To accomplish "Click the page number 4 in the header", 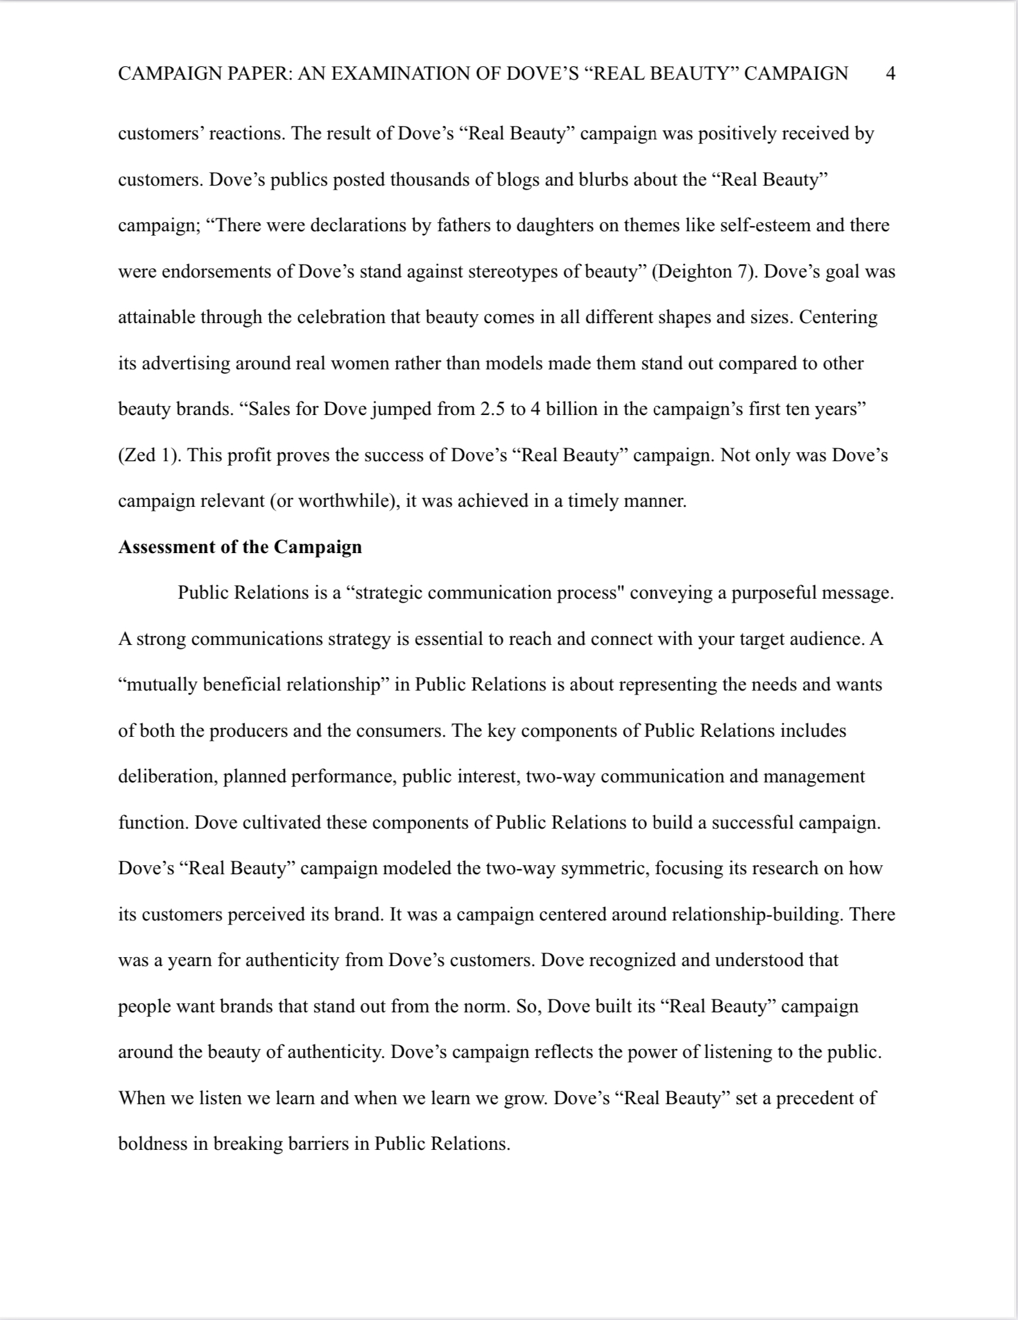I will pyautogui.click(x=890, y=73).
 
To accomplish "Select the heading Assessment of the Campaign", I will pyautogui.click(x=240, y=547).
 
